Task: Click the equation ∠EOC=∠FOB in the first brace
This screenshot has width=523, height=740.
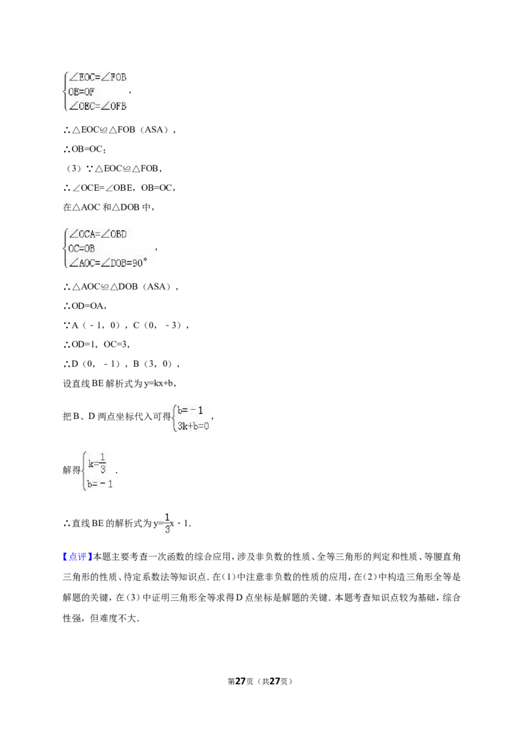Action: tap(97, 77)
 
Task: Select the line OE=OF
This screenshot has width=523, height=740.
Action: tap(81, 92)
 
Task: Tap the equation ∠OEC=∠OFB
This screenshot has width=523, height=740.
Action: tap(97, 106)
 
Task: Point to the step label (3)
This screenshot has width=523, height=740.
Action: tap(73, 169)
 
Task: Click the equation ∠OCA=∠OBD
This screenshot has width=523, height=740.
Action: tap(97, 234)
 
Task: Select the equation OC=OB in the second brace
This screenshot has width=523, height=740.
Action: tap(81, 248)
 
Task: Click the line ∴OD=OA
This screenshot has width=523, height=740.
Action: tap(85, 306)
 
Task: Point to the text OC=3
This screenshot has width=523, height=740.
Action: tap(116, 345)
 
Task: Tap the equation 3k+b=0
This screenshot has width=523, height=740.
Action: tap(193, 426)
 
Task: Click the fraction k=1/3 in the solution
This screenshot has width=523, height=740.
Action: tap(97, 463)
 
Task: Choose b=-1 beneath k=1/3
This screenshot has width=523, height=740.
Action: tap(100, 484)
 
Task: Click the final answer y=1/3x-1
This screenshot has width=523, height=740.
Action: tap(171, 523)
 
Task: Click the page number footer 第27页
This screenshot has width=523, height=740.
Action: tap(241, 681)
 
